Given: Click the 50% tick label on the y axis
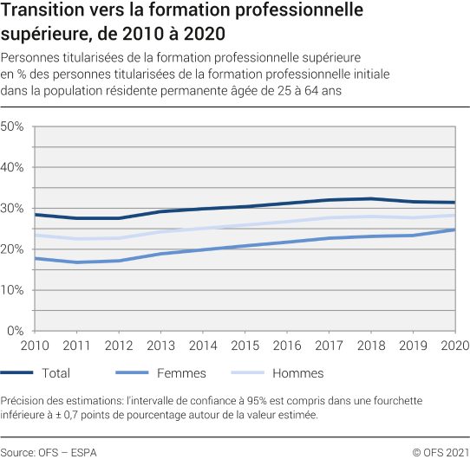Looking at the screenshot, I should (x=11, y=126).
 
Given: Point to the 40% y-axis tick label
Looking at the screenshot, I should (x=11, y=167).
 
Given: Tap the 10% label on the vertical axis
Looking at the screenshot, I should (x=11, y=289).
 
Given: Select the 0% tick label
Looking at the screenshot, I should (x=15, y=331).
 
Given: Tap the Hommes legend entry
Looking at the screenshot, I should (x=273, y=373).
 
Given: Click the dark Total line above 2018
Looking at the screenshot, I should (x=370, y=198).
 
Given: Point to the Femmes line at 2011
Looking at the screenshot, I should (x=78, y=262).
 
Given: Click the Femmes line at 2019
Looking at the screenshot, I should (x=414, y=236).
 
